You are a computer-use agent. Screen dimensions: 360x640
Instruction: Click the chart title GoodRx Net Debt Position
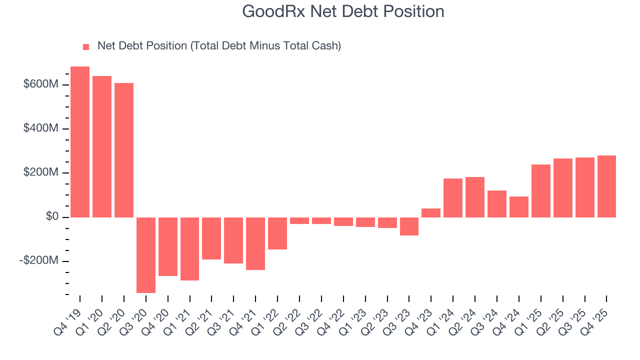[x=343, y=11]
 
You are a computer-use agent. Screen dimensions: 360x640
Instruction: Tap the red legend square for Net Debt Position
[x=86, y=46]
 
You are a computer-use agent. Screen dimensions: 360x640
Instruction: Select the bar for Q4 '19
[x=80, y=142]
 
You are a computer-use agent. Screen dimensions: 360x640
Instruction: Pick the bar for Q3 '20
[x=146, y=255]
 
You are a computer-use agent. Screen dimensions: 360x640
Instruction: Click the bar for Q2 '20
[x=124, y=150]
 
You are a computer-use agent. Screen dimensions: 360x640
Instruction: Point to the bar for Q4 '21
[x=255, y=243]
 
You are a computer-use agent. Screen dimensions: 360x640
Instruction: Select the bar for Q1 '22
[x=277, y=233]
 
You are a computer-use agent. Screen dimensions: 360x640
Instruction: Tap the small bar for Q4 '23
[x=431, y=213]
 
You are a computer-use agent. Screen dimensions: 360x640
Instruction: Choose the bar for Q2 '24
[x=475, y=197]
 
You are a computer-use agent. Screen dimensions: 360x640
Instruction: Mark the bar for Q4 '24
[x=519, y=207]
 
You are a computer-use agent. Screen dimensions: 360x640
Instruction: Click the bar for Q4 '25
[x=606, y=186]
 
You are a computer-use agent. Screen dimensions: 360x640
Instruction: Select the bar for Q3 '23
[x=409, y=226]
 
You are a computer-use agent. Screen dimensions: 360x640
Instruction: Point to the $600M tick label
[x=40, y=84]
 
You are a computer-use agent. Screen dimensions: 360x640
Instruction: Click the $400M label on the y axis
[x=40, y=128]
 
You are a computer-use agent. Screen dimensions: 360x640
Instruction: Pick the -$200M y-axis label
[x=39, y=261]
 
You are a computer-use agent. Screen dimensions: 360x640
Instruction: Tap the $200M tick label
[x=40, y=172]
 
